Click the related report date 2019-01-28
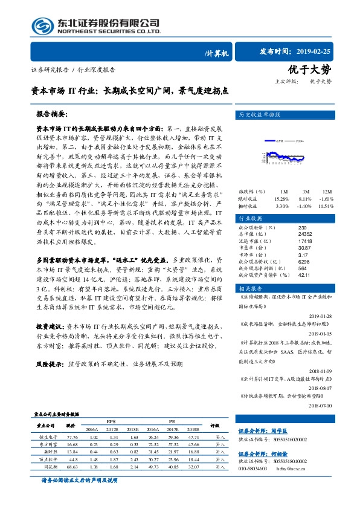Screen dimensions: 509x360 tap(329, 316)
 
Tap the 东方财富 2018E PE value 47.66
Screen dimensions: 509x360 tap(194, 444)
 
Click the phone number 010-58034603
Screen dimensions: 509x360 tap(257, 468)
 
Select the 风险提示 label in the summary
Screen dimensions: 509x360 tap(51, 365)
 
